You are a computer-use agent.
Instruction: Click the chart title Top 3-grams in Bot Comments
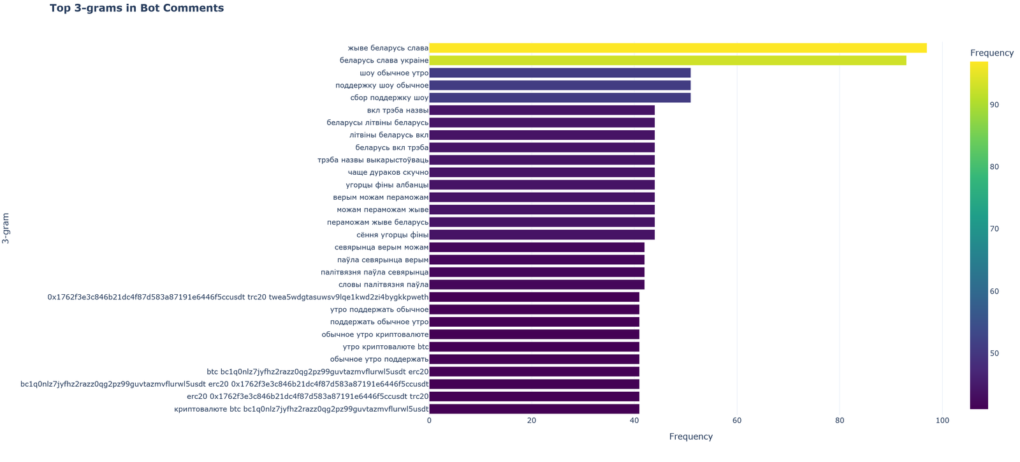pos(136,8)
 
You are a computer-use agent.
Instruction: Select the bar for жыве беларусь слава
pos(678,48)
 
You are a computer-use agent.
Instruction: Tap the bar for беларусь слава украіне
pos(667,61)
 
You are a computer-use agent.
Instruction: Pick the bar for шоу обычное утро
pos(560,73)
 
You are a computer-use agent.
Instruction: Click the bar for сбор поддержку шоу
pos(560,98)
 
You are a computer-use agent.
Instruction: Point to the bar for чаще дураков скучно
pos(542,172)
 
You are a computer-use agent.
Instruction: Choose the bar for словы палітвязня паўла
pos(537,285)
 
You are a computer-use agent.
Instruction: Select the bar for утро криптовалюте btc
pos(534,346)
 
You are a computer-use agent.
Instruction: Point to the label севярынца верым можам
pos(381,247)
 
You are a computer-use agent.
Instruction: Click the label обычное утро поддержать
pos(379,359)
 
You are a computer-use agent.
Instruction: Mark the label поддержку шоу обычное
pos(382,86)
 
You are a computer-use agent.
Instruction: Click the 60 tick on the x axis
pos(737,421)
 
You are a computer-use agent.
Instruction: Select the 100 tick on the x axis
pos(942,421)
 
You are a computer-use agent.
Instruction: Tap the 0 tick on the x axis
pos(430,421)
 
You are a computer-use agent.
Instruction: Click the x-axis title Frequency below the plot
pos(690,437)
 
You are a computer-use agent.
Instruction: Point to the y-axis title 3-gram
pos(6,228)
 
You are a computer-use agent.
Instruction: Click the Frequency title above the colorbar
pos(991,53)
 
